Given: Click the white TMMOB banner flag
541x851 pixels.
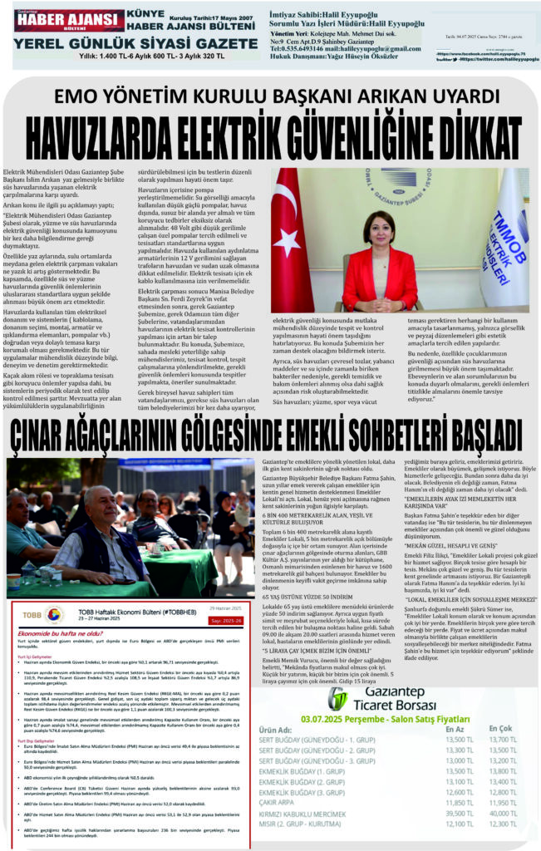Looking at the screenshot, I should [504, 237].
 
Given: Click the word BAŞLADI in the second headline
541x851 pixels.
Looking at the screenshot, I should [463, 435].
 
